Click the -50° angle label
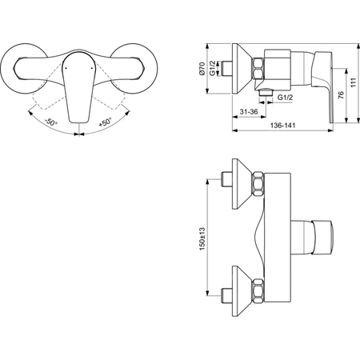point(51,122)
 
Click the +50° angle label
point(105,122)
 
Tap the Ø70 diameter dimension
point(202,69)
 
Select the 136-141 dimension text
point(282,125)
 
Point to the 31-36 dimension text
point(249,111)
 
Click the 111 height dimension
point(354,82)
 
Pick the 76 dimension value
point(341,95)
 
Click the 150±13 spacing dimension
point(202,238)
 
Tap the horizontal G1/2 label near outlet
point(285,97)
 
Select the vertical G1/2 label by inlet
point(212,68)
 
